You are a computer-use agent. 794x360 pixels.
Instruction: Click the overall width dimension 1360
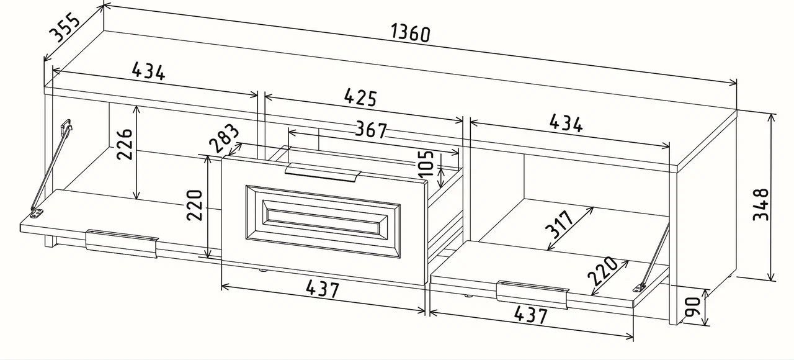411,33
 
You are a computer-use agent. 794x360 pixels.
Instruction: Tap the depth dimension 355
65,27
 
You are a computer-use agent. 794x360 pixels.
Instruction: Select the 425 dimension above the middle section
360,97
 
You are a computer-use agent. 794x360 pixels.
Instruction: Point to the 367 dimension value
371,130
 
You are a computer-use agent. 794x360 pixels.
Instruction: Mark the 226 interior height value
125,144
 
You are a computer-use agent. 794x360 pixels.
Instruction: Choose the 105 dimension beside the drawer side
426,163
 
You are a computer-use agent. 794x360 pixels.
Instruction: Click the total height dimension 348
761,205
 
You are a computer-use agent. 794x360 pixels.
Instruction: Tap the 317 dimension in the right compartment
559,224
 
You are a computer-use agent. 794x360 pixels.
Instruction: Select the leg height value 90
692,307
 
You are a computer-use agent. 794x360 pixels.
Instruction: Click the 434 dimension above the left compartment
148,71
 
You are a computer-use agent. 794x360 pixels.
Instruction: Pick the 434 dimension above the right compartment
566,124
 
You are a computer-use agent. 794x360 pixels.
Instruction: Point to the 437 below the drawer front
323,289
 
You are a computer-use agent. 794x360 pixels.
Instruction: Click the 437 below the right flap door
530,315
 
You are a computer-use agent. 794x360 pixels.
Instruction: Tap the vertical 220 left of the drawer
195,205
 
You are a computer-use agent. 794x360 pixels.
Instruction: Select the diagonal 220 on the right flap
602,271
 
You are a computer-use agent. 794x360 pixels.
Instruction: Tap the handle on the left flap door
122,243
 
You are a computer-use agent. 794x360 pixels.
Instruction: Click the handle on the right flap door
532,294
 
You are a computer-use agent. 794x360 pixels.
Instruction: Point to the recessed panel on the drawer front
323,222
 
